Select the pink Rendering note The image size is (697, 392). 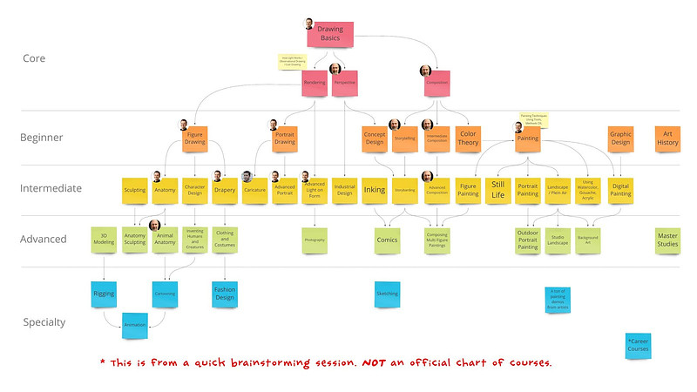click(315, 83)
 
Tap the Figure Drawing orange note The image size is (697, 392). click(196, 139)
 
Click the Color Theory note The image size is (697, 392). click(469, 139)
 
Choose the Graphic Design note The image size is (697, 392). click(620, 139)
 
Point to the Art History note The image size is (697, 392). click(668, 139)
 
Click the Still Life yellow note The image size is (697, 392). click(497, 190)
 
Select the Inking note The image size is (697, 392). click(374, 190)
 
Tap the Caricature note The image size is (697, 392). click(254, 190)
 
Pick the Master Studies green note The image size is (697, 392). click(668, 240)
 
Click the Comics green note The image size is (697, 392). click(387, 240)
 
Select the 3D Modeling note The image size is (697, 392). click(105, 240)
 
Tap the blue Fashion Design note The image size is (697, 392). click(224, 294)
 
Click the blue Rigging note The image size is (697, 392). click(105, 294)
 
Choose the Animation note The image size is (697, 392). click(135, 325)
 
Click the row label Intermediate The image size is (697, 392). click(51, 188)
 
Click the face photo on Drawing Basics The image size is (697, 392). click(309, 24)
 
